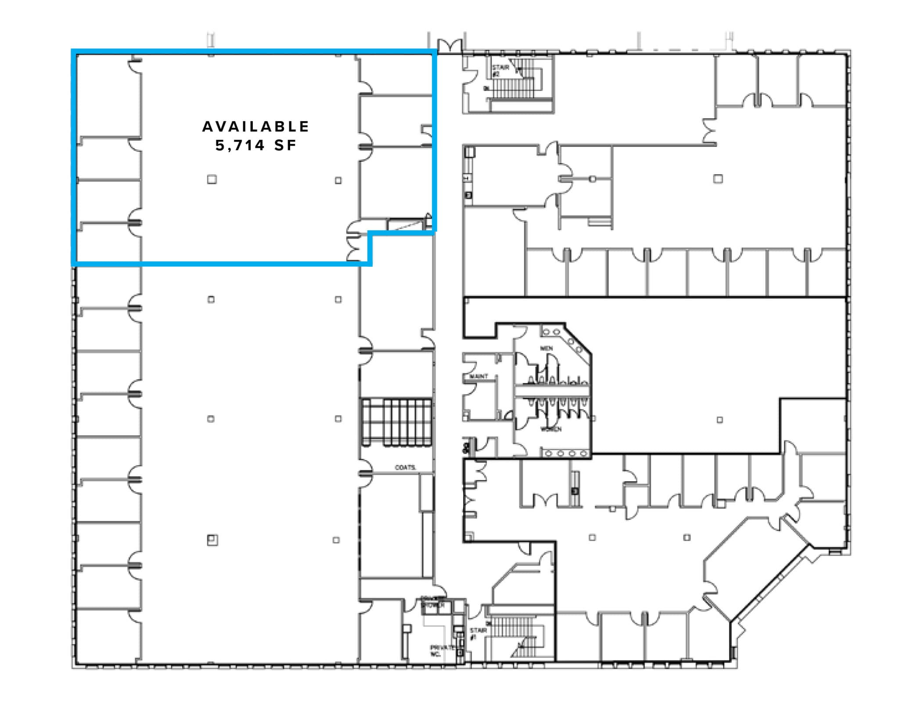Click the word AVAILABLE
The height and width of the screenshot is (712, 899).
[x=255, y=127]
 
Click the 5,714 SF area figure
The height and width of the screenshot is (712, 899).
[x=256, y=146]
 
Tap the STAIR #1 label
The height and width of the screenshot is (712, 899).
[x=478, y=633]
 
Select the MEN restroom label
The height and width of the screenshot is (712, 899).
[x=547, y=348]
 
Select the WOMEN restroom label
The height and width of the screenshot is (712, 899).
[x=550, y=429]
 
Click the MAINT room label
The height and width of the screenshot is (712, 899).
[x=478, y=376]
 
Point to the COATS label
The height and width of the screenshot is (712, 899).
[x=405, y=468]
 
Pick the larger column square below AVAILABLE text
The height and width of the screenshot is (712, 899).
[x=212, y=179]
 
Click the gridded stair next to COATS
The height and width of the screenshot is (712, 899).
[x=396, y=422]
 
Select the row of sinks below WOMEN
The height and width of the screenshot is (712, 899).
[x=566, y=453]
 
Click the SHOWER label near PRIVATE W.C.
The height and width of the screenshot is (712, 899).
[x=433, y=606]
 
